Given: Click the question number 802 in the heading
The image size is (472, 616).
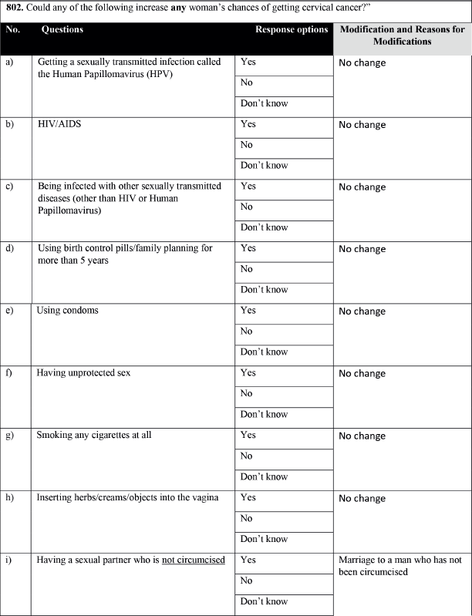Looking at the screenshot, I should tap(16, 8).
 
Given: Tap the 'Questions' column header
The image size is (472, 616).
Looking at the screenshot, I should tap(62, 29).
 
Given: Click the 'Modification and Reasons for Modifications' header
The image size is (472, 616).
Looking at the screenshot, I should tap(402, 35).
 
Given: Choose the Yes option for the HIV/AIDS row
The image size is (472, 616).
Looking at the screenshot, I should tap(248, 124).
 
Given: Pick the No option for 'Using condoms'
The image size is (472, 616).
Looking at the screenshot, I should tap(247, 332).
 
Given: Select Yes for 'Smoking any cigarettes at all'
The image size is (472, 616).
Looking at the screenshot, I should tap(248, 436).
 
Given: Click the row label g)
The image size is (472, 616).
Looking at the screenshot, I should tap(10, 436).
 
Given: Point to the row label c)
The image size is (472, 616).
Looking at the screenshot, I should tap(10, 187).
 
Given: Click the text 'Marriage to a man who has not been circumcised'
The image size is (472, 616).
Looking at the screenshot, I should tap(400, 565).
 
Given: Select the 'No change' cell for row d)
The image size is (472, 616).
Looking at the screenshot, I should tap(362, 249).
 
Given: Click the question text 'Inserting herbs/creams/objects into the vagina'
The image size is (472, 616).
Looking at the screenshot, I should tap(127, 498).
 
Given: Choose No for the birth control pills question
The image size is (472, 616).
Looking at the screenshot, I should tap(247, 269).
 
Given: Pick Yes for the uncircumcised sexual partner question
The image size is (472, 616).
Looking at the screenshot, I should tap(248, 560).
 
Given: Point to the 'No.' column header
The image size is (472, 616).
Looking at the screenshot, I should tap(12, 29).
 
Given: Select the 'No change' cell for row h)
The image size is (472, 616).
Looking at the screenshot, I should tap(362, 498).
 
